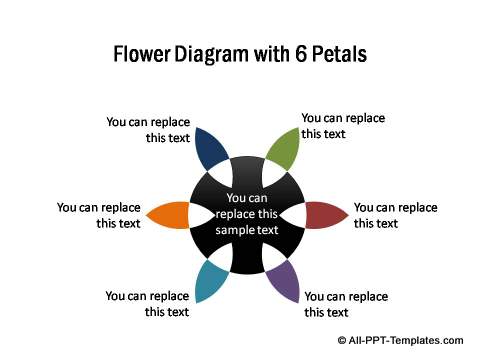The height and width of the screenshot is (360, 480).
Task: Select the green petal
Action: pyautogui.click(x=284, y=149)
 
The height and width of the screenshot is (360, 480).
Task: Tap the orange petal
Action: pyautogui.click(x=169, y=215)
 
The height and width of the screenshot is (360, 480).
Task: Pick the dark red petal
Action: pyautogui.click(x=325, y=215)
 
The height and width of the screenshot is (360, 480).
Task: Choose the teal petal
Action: pyautogui.click(x=210, y=281)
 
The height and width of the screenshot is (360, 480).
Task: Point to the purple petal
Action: pyautogui.click(x=284, y=281)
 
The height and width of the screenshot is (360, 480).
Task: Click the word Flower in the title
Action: pyautogui.click(x=142, y=54)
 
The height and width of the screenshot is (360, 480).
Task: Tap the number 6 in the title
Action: pyautogui.click(x=300, y=54)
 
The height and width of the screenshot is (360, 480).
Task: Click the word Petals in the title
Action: pyautogui.click(x=339, y=54)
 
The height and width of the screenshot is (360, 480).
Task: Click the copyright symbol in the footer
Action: pyautogui.click(x=342, y=340)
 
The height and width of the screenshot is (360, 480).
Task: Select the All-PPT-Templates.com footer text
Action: pyautogui.click(x=406, y=340)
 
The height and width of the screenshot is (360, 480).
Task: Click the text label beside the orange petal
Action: pyautogui.click(x=99, y=215)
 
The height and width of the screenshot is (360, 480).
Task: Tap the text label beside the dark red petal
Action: pyautogui.click(x=396, y=215)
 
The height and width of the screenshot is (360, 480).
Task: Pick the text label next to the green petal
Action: pyautogui.click(x=343, y=126)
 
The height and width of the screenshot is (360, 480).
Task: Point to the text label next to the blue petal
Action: pyautogui.click(x=148, y=130)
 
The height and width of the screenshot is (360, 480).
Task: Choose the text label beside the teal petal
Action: pyautogui.click(x=147, y=304)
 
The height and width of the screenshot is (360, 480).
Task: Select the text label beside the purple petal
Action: pyautogui.click(x=346, y=304)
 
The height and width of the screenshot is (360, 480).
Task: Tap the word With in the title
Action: pyautogui.click(x=272, y=54)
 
